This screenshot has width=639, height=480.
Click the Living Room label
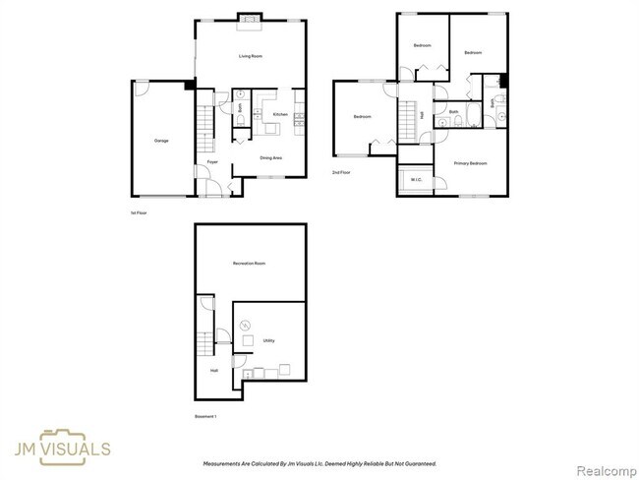[251, 56]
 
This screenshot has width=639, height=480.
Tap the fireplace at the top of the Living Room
[251, 17]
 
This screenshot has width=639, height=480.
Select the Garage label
[160, 141]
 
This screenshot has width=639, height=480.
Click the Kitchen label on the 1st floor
[280, 115]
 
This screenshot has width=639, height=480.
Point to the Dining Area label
[271, 157]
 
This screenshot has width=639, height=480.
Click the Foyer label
[211, 161]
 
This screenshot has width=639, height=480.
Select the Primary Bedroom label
[470, 162]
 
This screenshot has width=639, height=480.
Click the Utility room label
[268, 340]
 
